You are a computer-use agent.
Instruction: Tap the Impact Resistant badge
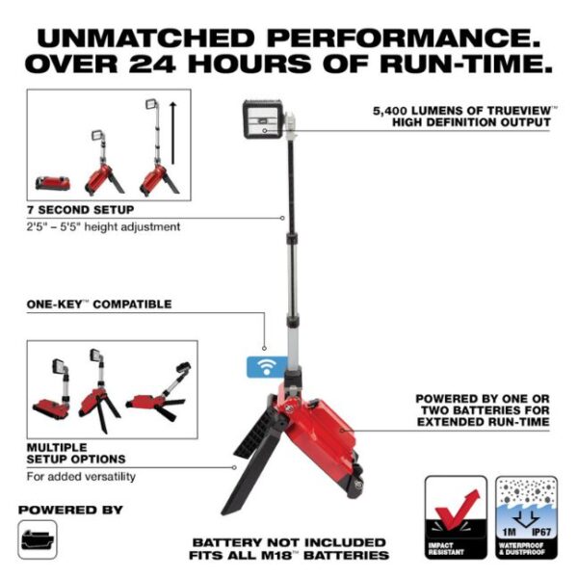453,517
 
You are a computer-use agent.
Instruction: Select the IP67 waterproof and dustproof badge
527,517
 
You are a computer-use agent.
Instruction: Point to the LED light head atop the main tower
264,121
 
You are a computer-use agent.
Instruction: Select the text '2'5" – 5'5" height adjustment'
103,227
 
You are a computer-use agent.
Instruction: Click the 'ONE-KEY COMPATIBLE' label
99,304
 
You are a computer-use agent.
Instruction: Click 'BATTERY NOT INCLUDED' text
289,542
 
